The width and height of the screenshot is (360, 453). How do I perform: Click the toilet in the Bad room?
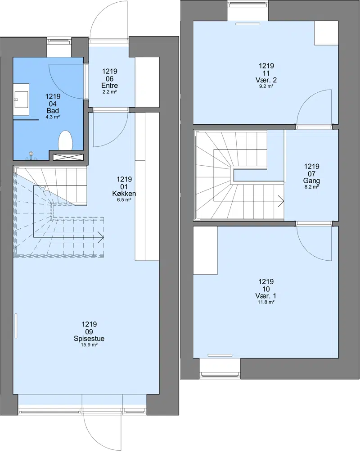tap(65, 140)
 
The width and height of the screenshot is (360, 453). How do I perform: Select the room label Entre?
tap(109, 86)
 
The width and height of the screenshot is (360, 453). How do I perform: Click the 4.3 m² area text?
tap(53, 117)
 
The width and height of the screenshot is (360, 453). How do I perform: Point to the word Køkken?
tap(124, 193)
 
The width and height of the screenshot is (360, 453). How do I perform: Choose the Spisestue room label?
tap(89, 338)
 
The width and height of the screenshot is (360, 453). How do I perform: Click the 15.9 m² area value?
tap(89, 344)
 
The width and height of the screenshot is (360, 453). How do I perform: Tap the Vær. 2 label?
tap(266, 80)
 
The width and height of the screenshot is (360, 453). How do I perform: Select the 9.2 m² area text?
tap(266, 86)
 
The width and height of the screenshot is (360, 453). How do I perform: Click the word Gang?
tap(311, 181)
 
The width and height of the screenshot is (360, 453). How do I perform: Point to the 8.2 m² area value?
tap(311, 187)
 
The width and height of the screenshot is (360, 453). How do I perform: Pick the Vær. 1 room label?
tap(265, 296)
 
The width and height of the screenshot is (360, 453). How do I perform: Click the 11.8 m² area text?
tap(265, 302)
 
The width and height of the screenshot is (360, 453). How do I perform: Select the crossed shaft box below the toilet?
tap(68, 157)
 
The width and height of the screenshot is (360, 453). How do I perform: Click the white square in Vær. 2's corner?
tap(326, 33)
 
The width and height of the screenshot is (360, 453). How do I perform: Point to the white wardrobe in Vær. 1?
tap(205, 250)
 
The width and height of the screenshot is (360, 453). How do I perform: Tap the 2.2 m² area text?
tap(109, 92)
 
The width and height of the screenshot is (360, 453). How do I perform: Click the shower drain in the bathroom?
tap(31, 154)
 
